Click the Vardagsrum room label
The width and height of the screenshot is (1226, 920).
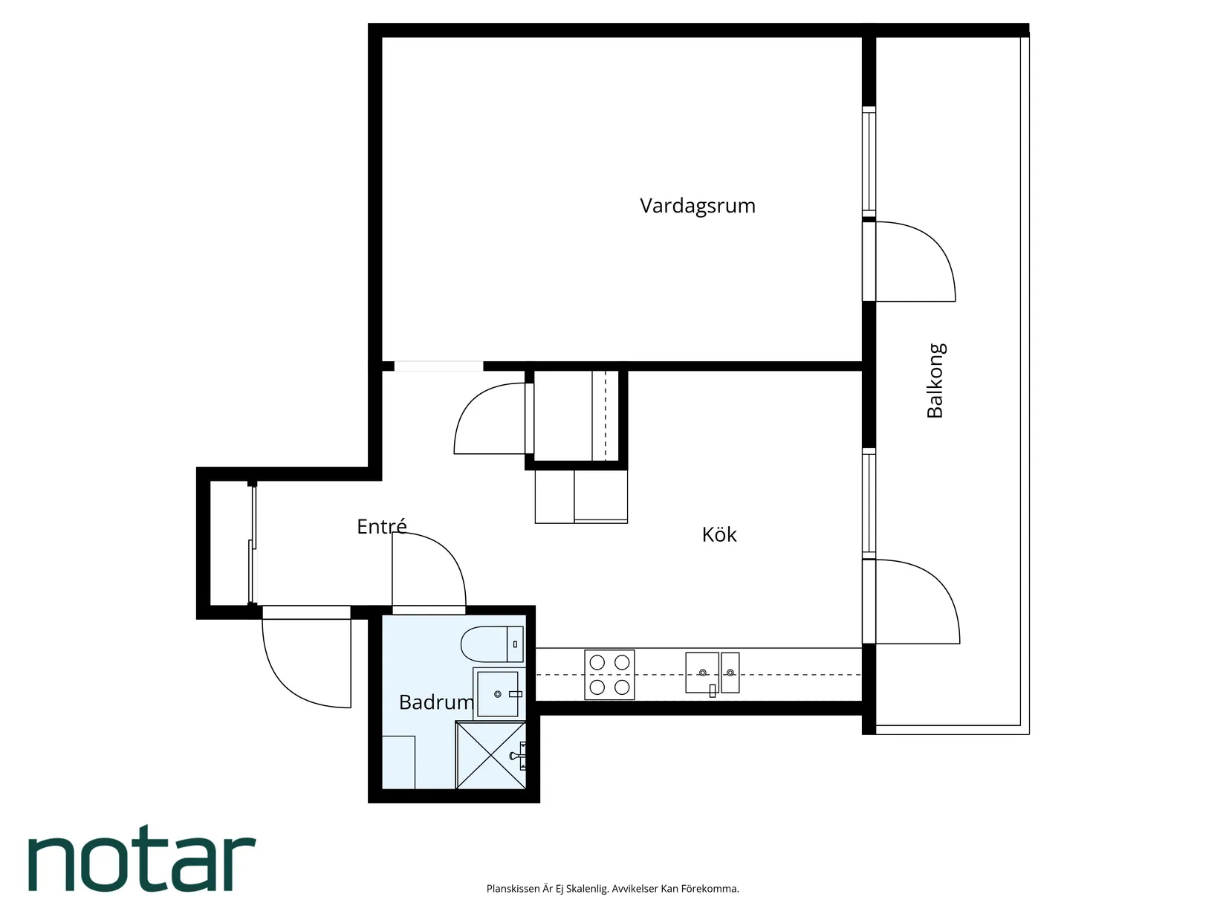(697, 206)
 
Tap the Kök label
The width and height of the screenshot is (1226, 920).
(719, 534)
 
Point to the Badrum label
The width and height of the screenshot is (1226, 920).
(436, 702)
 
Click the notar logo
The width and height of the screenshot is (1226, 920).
(142, 858)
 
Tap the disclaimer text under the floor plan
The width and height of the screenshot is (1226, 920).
(613, 889)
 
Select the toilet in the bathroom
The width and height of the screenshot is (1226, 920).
(492, 644)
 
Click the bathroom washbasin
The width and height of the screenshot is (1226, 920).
(499, 693)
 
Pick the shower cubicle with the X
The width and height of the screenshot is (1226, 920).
(491, 755)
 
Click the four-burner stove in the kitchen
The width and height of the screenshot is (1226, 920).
(609, 675)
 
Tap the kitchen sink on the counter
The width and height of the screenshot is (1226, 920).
(712, 673)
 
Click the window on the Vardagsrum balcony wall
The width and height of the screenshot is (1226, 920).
(869, 161)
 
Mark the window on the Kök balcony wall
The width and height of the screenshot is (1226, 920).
(869, 503)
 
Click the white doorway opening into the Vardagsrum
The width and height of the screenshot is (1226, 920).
(438, 366)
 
